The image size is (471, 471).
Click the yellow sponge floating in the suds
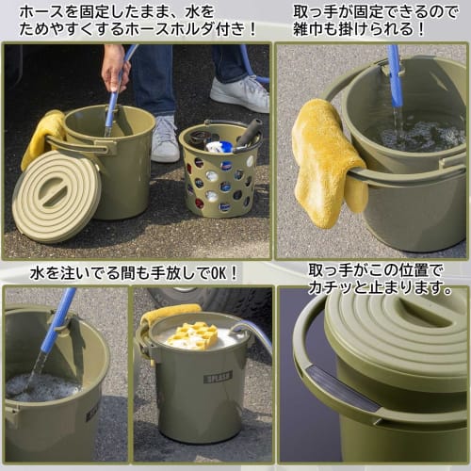coord(193,334)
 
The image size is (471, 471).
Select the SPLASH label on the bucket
coord(218,378)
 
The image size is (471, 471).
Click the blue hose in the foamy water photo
coord(59,320)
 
